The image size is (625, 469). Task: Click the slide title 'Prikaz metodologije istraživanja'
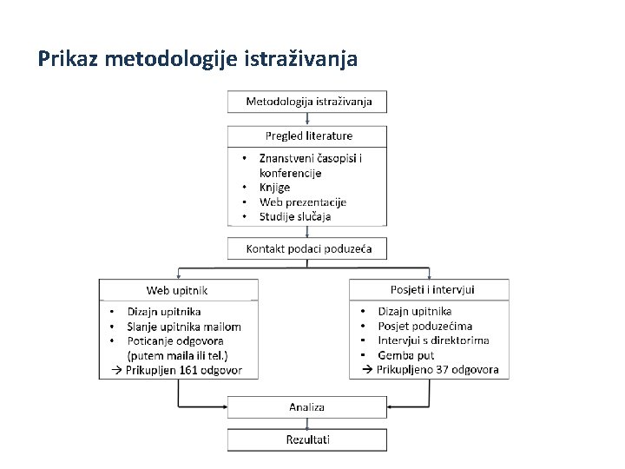[x=198, y=59]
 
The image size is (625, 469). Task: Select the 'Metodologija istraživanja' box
[x=308, y=102]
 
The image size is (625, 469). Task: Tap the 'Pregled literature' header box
[x=308, y=135]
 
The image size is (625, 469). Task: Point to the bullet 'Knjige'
[x=274, y=187]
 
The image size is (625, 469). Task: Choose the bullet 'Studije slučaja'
[x=294, y=216]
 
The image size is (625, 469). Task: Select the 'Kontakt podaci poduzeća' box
[x=308, y=248]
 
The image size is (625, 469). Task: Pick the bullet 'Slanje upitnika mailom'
[x=183, y=327]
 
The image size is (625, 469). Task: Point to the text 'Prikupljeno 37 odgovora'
[x=437, y=369]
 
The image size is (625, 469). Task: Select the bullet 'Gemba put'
[x=405, y=354]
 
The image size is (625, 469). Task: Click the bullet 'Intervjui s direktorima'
[x=433, y=340]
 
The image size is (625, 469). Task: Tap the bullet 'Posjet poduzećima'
[x=424, y=326]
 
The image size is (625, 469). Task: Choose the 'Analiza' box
[x=307, y=406]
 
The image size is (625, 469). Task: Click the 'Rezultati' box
[x=307, y=439]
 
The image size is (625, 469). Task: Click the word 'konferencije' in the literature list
[x=290, y=173]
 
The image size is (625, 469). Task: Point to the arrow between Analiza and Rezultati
[x=307, y=422]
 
